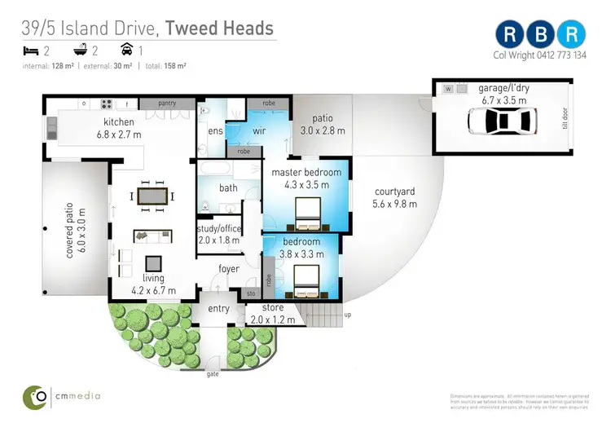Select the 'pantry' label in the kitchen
click(166, 104)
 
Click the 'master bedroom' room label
click(303, 173)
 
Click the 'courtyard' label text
click(394, 192)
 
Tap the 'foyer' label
click(228, 269)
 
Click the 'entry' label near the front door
click(218, 308)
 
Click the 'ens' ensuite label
click(216, 130)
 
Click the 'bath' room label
click(228, 188)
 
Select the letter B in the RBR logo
click(541, 34)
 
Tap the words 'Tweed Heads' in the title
click(219, 29)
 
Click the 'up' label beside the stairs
click(349, 315)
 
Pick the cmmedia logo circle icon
click(35, 396)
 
